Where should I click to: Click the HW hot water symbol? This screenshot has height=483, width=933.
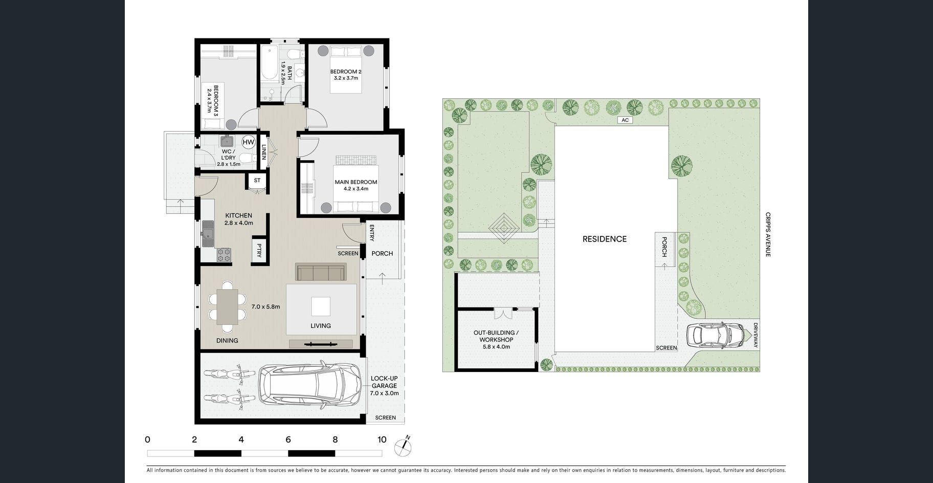tap(248, 142)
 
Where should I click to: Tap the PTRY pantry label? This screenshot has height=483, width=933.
tap(259, 251)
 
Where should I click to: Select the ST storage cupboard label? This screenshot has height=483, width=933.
tap(257, 180)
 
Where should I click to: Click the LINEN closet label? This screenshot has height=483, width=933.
tap(264, 152)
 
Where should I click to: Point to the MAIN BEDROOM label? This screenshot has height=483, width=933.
tap(356, 182)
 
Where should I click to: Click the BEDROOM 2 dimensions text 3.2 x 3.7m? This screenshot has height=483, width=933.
tap(346, 78)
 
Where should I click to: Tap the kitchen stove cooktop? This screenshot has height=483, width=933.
tap(224, 255)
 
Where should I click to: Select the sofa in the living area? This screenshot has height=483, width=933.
tap(321, 272)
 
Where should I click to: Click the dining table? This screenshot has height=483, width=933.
tap(227, 307)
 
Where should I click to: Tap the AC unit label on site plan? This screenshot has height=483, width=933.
tap(625, 120)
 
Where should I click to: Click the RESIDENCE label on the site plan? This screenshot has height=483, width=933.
tap(605, 239)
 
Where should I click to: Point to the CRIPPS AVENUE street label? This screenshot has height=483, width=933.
tap(768, 234)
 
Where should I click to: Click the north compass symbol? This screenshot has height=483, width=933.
tap(403, 446)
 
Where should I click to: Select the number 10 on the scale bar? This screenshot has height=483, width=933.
tap(382, 440)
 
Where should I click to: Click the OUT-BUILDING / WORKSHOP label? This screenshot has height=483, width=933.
tap(496, 336)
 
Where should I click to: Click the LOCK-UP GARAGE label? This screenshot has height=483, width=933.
tap(384, 382)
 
